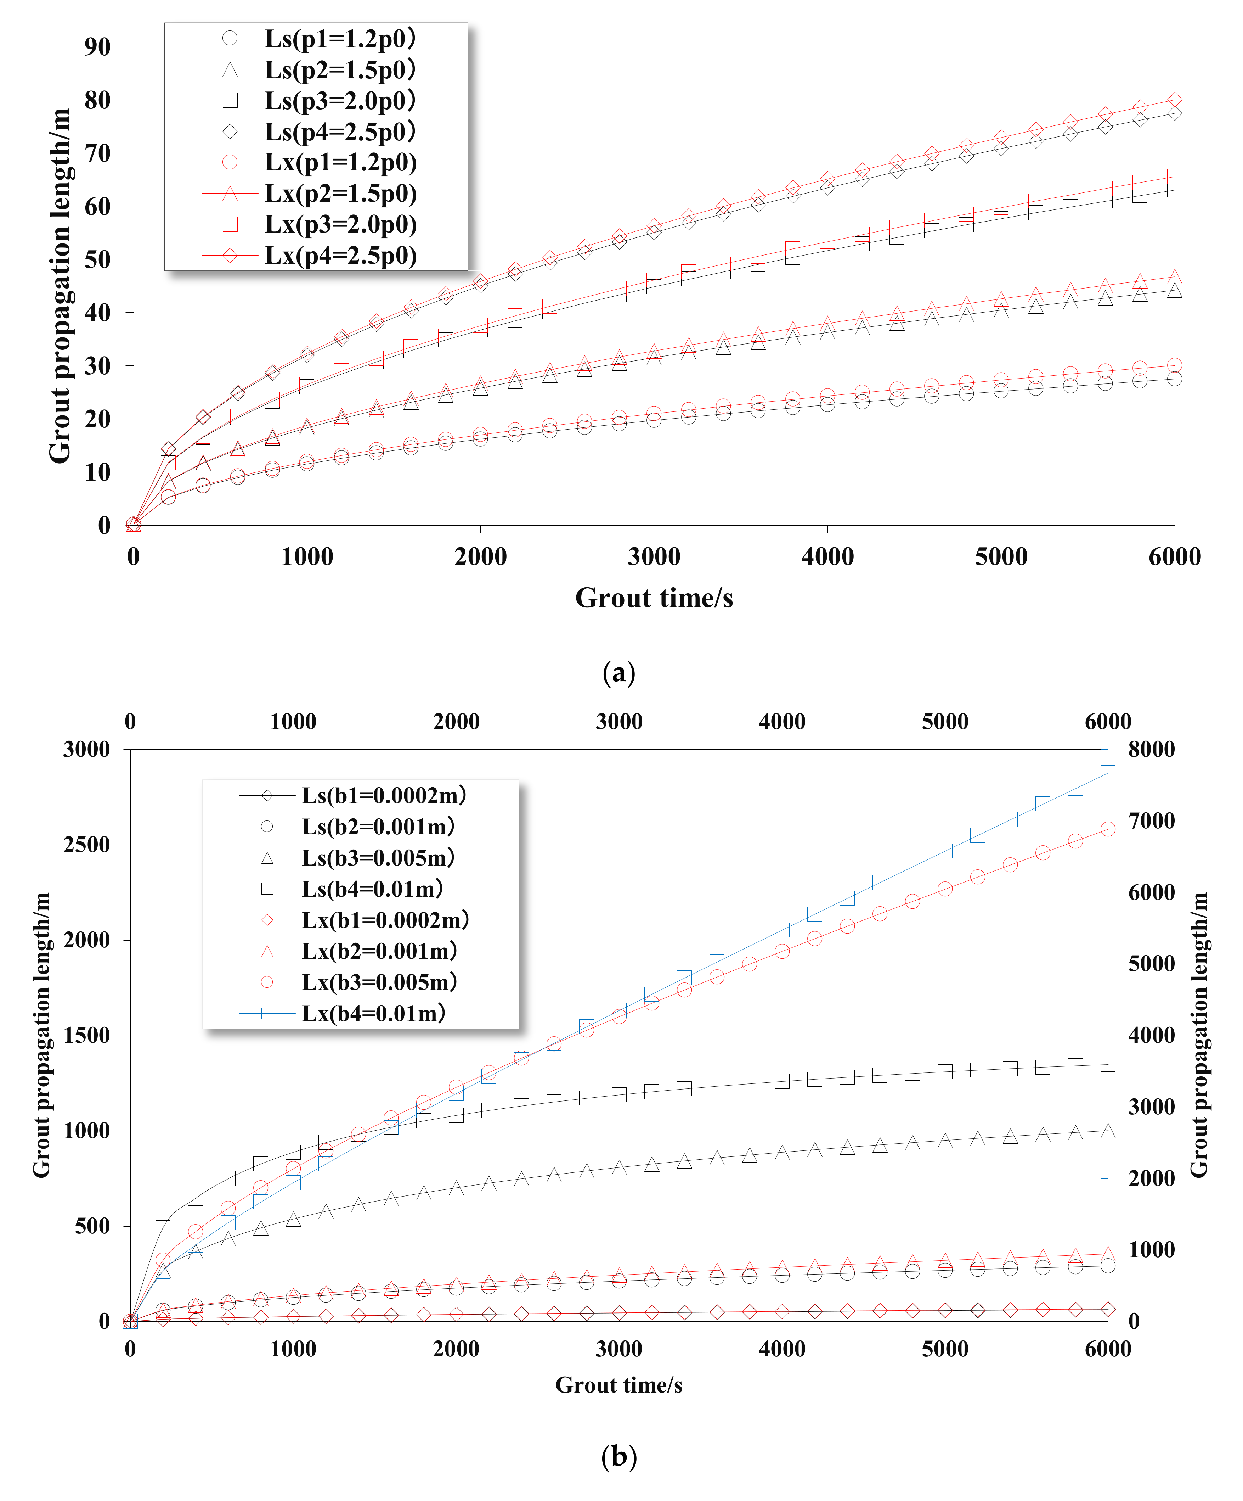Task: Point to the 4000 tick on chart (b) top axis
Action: (x=782, y=721)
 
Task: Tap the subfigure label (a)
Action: (x=618, y=673)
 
